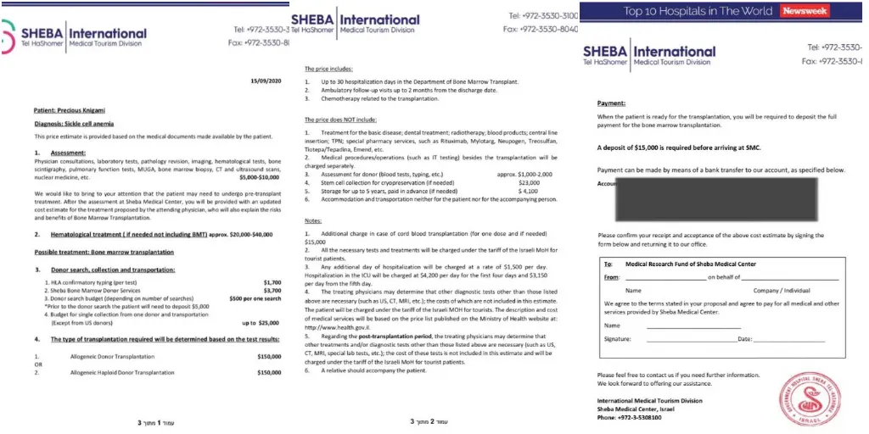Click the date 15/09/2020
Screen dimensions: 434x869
(x=266, y=81)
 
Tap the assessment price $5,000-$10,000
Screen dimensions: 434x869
(x=260, y=177)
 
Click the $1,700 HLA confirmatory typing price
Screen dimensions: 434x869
(x=272, y=281)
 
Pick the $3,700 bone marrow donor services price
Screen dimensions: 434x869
(x=272, y=289)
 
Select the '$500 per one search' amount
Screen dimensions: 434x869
(x=255, y=298)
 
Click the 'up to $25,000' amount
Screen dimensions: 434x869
(x=261, y=323)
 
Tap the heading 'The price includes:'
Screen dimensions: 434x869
(x=329, y=68)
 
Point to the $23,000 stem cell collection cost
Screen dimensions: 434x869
(x=529, y=182)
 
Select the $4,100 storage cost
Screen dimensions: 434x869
(x=528, y=191)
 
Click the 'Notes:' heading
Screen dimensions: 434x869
(x=314, y=220)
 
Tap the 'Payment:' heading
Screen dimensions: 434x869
(x=611, y=103)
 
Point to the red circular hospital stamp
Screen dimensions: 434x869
(x=805, y=398)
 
